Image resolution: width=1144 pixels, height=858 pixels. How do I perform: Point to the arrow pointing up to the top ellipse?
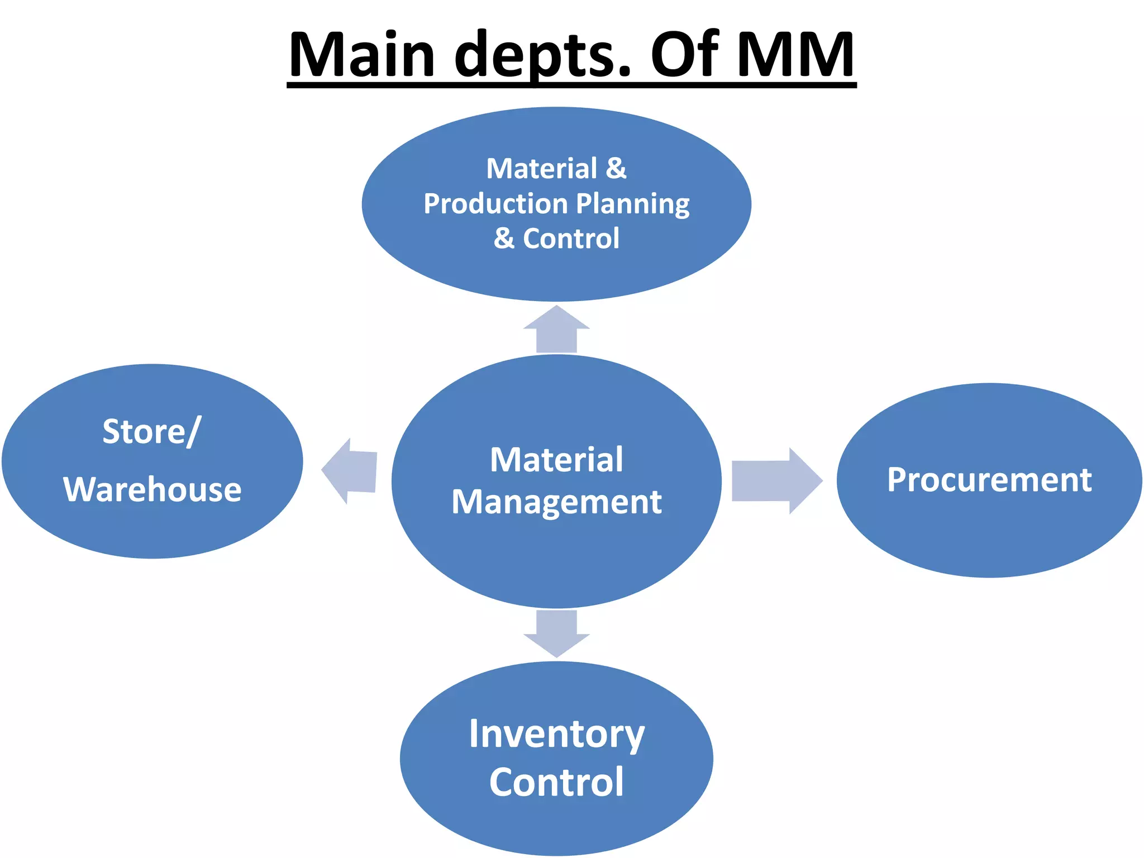556,330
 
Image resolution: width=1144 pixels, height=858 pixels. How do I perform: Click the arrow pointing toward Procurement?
776,480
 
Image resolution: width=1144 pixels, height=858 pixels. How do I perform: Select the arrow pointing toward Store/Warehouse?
351,471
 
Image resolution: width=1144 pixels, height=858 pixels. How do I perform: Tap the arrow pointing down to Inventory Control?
556,633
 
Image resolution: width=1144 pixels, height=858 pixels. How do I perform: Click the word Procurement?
989,480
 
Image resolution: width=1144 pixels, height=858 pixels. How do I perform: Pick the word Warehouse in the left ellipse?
152,490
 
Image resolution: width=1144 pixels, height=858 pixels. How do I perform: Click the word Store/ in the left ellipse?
151,432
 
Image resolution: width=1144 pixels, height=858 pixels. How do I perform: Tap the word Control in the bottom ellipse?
556,782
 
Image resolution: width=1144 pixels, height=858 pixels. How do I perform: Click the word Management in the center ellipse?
556,502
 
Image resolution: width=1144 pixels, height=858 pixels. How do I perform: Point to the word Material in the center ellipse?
556,460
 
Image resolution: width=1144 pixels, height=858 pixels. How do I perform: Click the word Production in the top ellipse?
495,204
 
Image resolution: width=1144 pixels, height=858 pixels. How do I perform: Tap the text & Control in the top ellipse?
556,239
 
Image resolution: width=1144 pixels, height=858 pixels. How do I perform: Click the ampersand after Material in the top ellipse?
616,169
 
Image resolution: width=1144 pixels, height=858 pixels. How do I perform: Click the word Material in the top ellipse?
541,169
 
